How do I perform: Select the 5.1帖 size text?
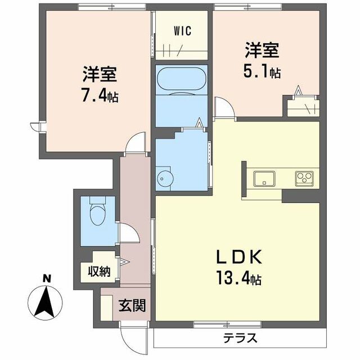[262, 72]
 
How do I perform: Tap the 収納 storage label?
[98, 271]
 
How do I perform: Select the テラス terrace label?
[240, 338]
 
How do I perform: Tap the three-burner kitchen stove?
[304, 179]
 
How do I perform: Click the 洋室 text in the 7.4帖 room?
[100, 75]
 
